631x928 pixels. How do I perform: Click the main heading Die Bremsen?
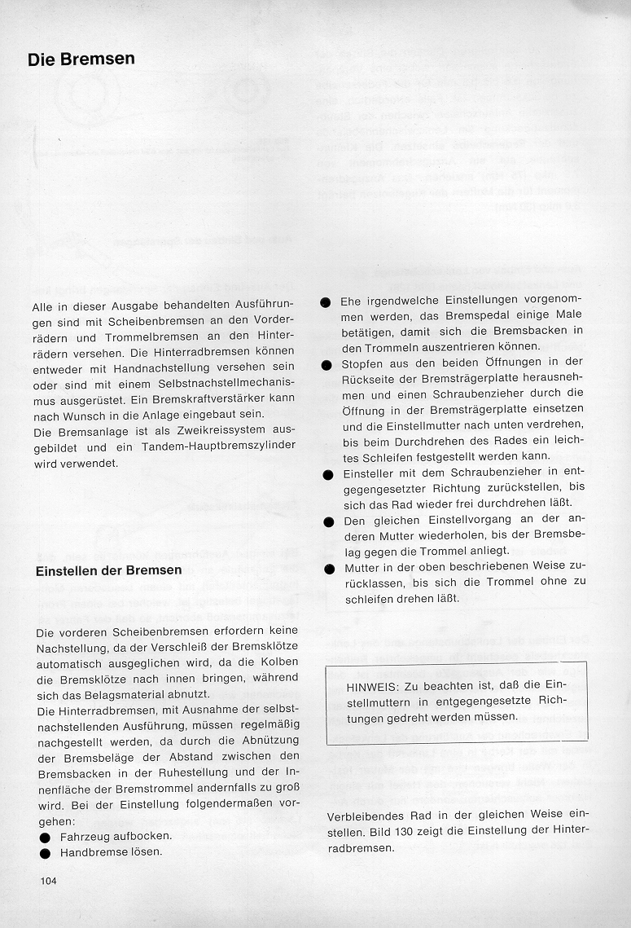tap(81, 59)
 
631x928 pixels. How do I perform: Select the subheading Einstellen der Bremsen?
tap(109, 570)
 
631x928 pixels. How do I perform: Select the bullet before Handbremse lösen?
tap(45, 853)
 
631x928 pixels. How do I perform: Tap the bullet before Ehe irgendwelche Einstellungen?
tap(325, 301)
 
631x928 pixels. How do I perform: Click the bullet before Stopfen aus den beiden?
tap(326, 363)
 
